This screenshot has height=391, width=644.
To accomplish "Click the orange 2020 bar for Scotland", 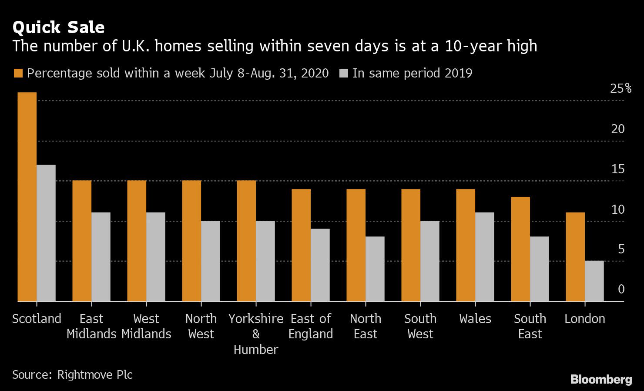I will pyautogui.click(x=27, y=197).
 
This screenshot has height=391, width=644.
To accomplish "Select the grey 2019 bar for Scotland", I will pyautogui.click(x=46, y=233).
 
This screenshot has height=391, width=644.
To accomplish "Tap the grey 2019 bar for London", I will pyautogui.click(x=594, y=281).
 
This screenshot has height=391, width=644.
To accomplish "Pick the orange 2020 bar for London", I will pyautogui.click(x=575, y=257).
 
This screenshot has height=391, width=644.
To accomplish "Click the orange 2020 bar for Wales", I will pyautogui.click(x=466, y=245).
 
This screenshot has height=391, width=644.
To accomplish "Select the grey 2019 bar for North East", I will pyautogui.click(x=375, y=269).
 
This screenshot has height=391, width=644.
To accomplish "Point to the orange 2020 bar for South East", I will pyautogui.click(x=520, y=249).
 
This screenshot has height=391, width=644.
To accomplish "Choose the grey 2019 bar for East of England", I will pyautogui.click(x=320, y=265).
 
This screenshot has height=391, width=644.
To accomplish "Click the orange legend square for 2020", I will pyautogui.click(x=18, y=73).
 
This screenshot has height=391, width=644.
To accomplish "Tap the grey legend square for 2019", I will pyautogui.click(x=343, y=73).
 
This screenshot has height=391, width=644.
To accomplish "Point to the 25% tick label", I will pyautogui.click(x=621, y=89).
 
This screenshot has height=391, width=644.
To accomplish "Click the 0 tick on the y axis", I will pyautogui.click(x=621, y=289).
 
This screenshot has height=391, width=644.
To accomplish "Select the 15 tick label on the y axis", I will pyautogui.click(x=618, y=169).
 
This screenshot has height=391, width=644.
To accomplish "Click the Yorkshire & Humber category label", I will pyautogui.click(x=256, y=334).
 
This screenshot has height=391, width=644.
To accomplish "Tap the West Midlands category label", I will pyautogui.click(x=146, y=326).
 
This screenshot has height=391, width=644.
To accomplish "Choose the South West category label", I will pyautogui.click(x=420, y=326).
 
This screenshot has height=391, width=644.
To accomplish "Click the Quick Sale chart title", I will pyautogui.click(x=59, y=27).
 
